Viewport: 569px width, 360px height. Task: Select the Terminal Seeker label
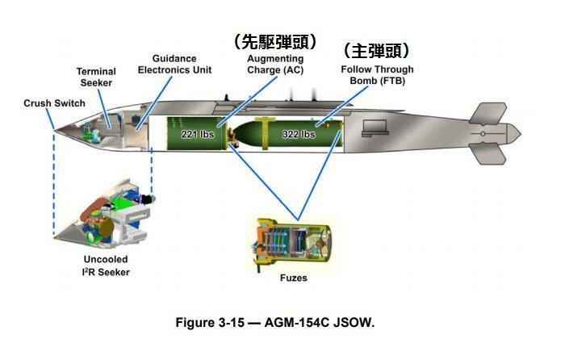95,77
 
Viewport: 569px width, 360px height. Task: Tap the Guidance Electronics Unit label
174,65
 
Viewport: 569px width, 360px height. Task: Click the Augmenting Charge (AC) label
276,65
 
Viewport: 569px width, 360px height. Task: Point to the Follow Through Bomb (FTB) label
377,75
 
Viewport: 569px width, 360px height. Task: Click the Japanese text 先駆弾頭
274,41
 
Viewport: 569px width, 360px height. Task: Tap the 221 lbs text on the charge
197,133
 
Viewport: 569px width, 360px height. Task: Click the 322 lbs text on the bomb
298,134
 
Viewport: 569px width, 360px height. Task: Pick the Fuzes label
295,278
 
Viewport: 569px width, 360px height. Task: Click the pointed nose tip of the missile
52,130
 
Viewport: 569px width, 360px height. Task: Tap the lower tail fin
490,151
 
